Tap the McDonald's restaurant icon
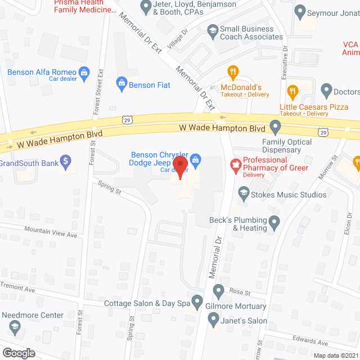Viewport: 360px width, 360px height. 231,71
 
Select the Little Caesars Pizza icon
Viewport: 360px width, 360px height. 292,91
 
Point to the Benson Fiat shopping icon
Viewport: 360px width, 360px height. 121,85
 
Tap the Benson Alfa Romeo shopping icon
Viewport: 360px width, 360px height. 84,72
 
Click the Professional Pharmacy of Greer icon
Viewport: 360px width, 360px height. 236,165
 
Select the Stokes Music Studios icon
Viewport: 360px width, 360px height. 244,195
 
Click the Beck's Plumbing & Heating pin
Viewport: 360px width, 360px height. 274,224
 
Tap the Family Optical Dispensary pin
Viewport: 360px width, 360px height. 275,126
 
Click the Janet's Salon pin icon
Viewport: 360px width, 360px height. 213,321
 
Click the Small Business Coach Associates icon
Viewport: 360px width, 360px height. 213,29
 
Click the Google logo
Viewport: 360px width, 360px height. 19,353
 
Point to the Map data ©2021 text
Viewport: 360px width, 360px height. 335,355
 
